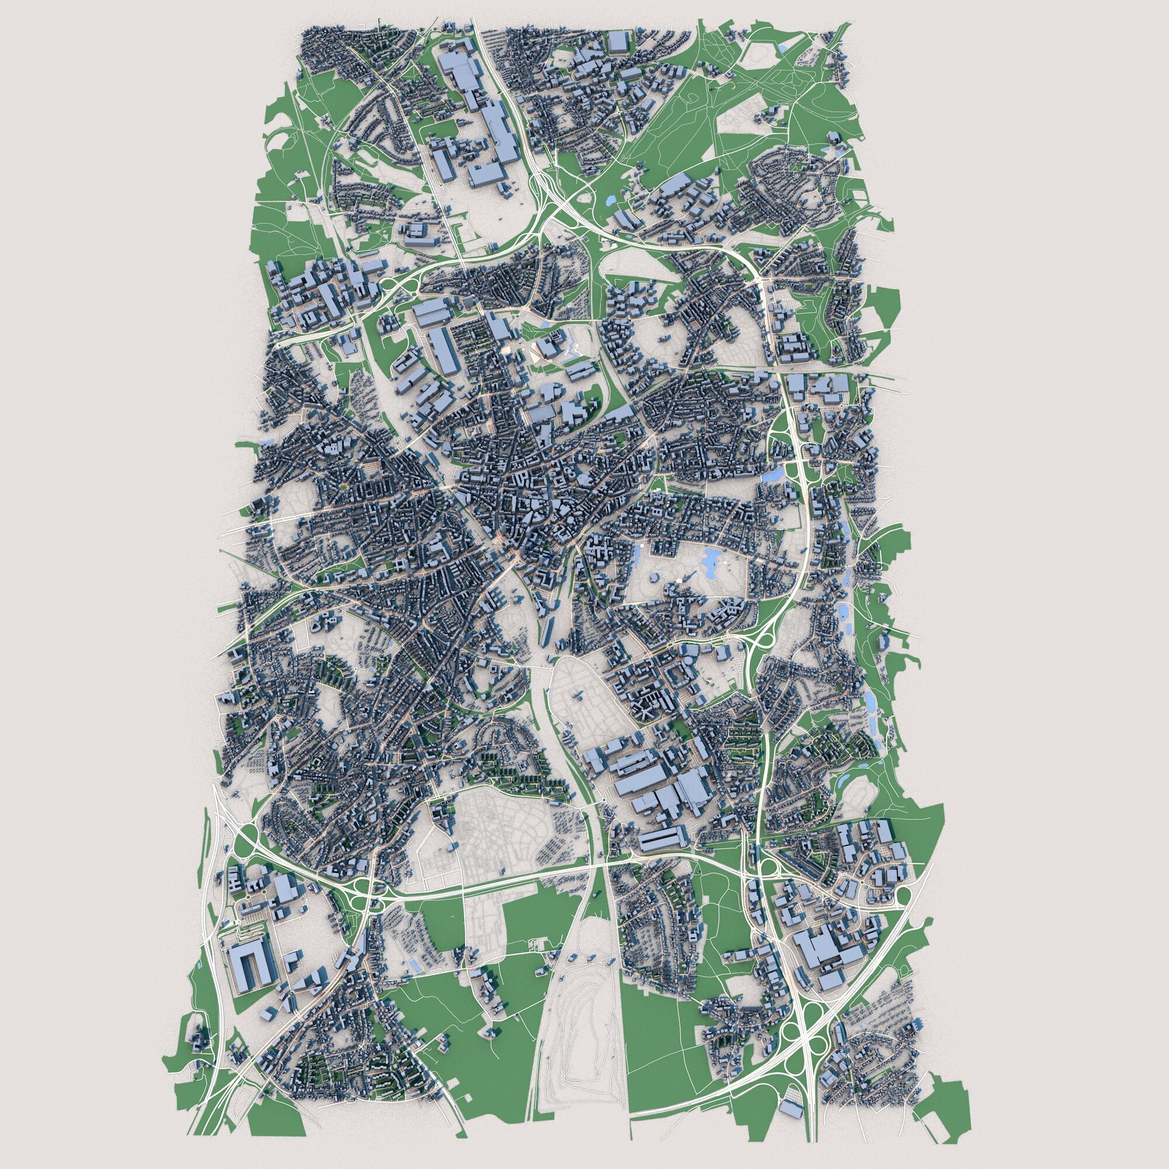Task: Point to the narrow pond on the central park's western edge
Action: pyautogui.click(x=637, y=554)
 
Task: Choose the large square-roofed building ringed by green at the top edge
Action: pyautogui.click(x=618, y=44)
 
